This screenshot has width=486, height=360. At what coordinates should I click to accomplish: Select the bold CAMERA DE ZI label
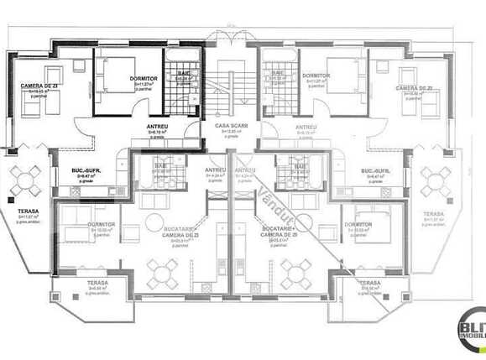40,86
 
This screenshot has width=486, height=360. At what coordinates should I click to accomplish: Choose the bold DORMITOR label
144,79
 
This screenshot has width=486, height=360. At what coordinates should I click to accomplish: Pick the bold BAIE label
182,74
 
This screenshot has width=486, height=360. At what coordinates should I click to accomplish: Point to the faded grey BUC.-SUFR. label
376,171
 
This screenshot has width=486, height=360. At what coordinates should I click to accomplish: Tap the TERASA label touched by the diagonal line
369,284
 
